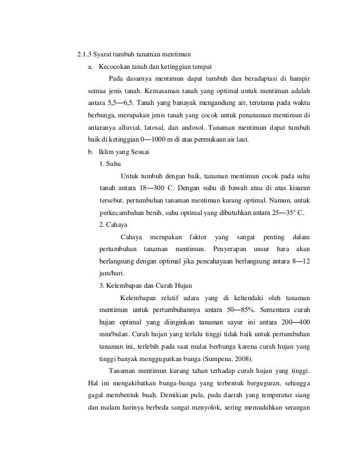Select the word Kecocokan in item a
(x=112, y=67)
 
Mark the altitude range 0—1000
(x=160, y=139)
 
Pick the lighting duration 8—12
(x=305, y=261)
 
